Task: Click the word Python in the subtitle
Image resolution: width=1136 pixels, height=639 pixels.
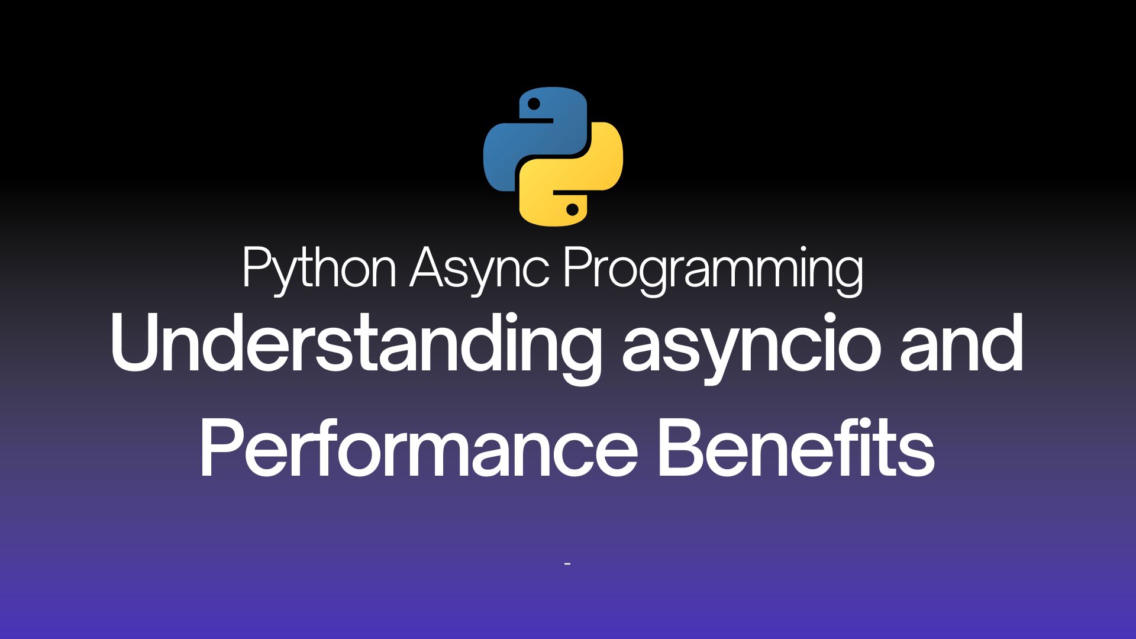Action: tap(319, 270)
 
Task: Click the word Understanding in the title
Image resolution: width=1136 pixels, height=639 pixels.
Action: tap(355, 346)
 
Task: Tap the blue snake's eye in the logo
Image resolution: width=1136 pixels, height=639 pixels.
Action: tap(534, 104)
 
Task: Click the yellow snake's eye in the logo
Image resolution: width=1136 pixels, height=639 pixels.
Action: tap(572, 209)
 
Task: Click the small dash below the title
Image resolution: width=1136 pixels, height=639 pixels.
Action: tap(567, 564)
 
